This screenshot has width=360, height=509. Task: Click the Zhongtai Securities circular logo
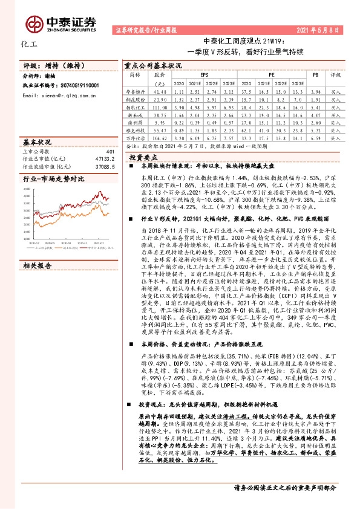point(36,24)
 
